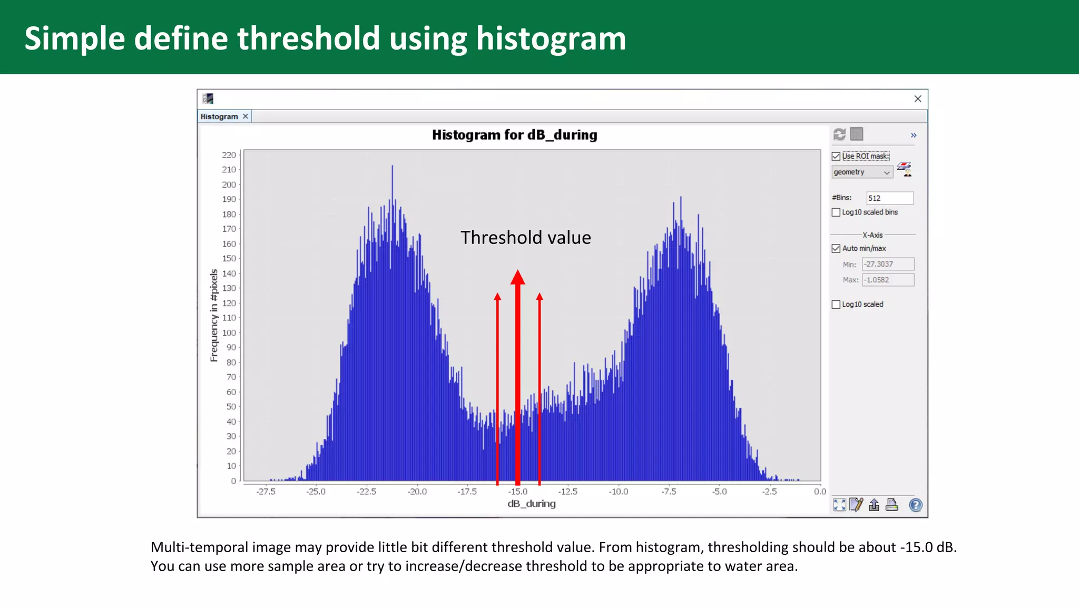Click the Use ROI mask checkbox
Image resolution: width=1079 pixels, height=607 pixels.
[836, 156]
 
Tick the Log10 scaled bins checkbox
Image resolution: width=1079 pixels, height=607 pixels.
[836, 212]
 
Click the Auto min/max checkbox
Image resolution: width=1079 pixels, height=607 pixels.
[836, 248]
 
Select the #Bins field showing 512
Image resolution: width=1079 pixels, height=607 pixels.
[889, 198]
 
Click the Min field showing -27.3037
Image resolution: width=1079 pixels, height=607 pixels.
[888, 264]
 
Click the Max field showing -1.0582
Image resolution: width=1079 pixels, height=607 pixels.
[888, 280]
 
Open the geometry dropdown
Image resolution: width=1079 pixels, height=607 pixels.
[862, 172]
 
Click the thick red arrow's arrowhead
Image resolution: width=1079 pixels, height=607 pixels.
[517, 277]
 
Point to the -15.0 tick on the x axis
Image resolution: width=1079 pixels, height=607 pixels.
[517, 491]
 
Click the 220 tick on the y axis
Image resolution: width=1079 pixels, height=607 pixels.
[229, 155]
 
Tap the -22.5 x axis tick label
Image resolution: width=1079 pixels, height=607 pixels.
[366, 491]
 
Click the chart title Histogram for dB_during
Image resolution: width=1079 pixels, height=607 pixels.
[514, 135]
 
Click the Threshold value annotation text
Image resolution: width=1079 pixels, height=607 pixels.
[525, 238]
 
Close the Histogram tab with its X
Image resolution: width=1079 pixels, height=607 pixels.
[245, 116]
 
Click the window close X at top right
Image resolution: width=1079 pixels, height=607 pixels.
[917, 99]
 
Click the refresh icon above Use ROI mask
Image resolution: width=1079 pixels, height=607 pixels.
[839, 134]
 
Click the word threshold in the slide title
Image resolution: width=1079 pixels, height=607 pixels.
[308, 38]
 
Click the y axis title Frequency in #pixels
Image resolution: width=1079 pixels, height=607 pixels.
[214, 315]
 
